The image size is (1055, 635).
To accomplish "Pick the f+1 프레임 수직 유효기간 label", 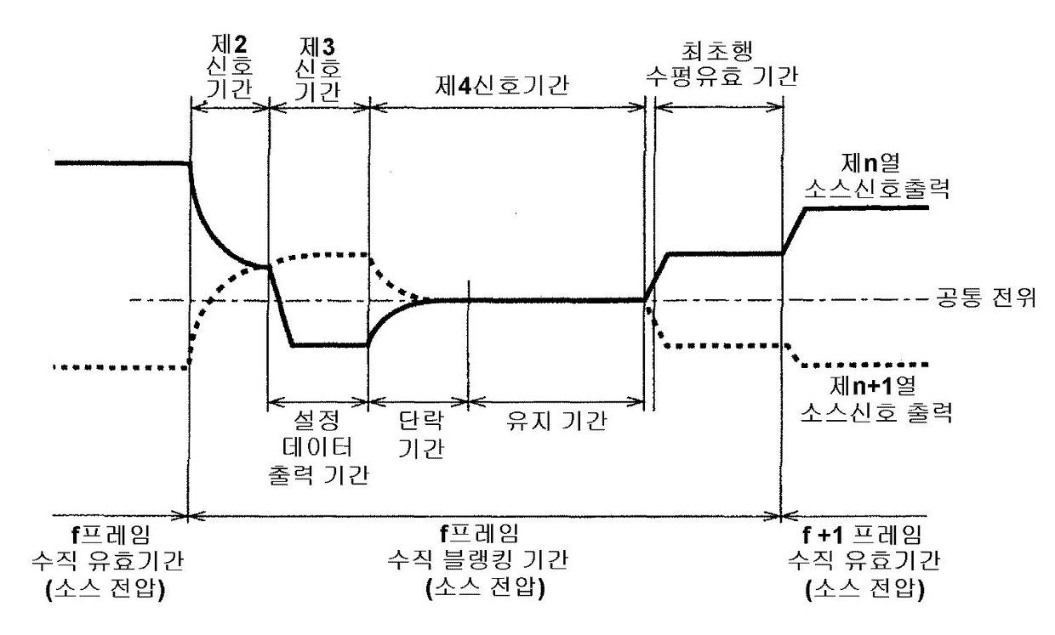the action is [856, 560].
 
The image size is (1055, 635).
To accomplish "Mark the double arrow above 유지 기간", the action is [555, 399].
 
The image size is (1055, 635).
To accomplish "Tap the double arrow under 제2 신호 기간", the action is [230, 107].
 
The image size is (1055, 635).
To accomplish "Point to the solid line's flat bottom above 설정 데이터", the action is [328, 345].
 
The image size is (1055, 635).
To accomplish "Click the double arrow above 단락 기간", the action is [418, 399].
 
